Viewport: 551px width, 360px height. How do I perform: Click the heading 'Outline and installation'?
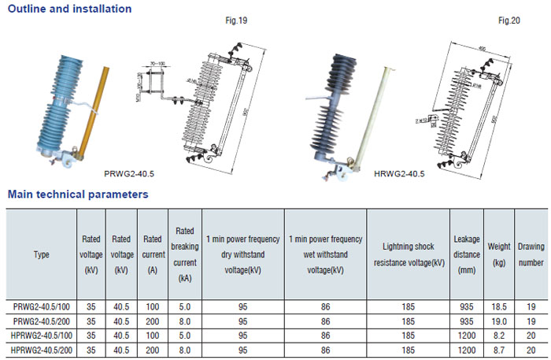click(x=69, y=9)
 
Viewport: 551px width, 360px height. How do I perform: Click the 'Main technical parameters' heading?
click(x=77, y=193)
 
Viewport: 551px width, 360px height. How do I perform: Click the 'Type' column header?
click(x=42, y=254)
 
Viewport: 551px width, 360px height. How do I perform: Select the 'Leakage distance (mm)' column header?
click(x=467, y=254)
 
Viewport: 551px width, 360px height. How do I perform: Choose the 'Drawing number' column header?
click(x=531, y=254)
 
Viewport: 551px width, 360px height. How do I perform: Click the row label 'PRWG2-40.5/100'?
click(x=42, y=307)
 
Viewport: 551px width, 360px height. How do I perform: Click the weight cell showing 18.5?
click(x=499, y=307)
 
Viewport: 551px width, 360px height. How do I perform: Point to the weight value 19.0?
click(x=499, y=321)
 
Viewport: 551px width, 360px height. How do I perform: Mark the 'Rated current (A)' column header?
click(x=152, y=254)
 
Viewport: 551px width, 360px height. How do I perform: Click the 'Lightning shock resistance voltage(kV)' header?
click(x=409, y=254)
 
